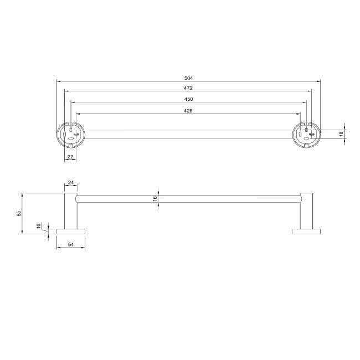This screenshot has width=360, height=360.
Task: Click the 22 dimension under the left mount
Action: click(x=70, y=157)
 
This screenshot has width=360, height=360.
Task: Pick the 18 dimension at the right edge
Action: click(x=342, y=133)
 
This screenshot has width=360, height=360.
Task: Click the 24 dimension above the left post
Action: click(x=70, y=182)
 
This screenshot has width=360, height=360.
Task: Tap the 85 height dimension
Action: click(x=19, y=213)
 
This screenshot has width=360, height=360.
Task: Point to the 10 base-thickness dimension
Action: click(x=39, y=226)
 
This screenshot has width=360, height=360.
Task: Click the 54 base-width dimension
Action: click(x=70, y=244)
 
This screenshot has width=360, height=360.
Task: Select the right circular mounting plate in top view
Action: click(x=306, y=134)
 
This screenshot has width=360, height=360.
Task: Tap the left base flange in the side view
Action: click(x=71, y=230)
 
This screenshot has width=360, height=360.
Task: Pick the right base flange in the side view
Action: click(x=306, y=230)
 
